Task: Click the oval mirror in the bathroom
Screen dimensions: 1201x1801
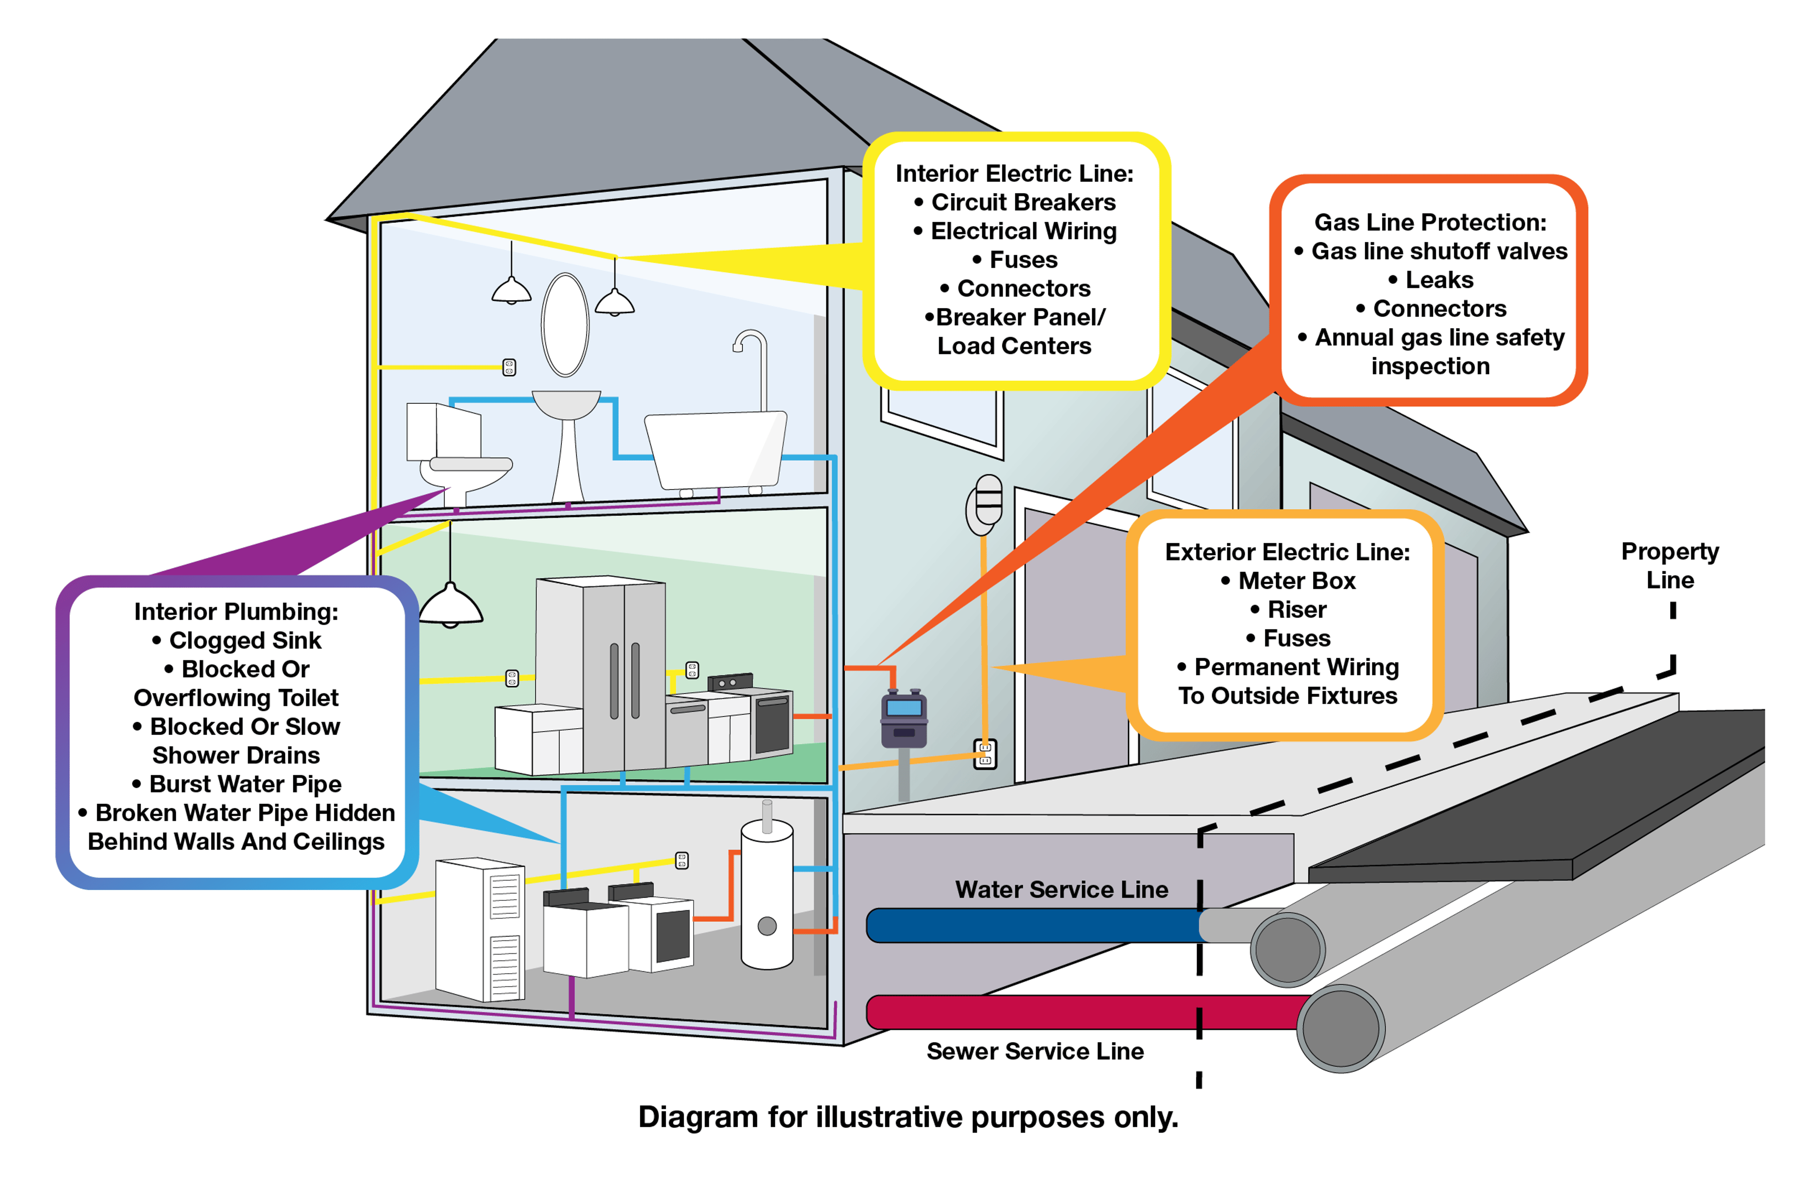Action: (x=565, y=325)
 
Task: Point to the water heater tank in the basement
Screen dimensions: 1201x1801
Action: (x=767, y=896)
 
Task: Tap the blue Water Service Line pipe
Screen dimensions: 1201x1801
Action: (x=1034, y=925)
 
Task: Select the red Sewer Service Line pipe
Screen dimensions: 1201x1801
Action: (x=1073, y=1012)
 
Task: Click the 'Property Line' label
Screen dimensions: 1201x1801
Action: (x=1670, y=565)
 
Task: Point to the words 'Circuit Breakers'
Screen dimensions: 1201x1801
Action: (x=1023, y=202)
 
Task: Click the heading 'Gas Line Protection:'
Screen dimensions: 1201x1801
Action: (x=1430, y=222)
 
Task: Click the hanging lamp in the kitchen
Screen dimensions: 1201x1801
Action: (x=450, y=605)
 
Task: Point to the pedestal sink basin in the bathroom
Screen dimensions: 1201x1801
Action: (x=566, y=404)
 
